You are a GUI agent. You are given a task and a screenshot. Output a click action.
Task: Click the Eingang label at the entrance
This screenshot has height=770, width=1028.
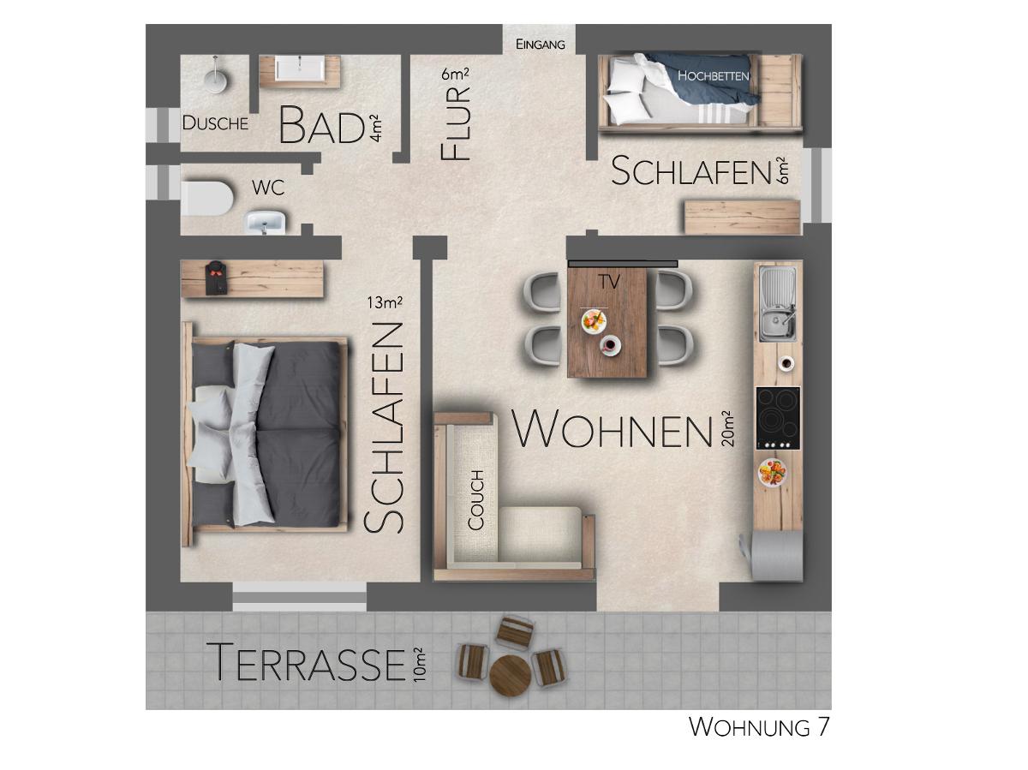540,45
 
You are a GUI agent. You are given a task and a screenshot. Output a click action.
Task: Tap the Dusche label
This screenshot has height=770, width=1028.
215,123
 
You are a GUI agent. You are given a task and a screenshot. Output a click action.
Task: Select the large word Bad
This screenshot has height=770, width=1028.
321,125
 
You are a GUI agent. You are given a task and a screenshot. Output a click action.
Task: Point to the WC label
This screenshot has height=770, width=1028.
268,188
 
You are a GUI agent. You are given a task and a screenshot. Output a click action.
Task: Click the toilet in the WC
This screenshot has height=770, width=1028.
206,199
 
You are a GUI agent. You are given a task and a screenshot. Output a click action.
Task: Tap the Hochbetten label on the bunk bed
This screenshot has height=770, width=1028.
713,76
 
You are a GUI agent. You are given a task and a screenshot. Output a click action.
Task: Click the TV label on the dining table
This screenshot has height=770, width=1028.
609,282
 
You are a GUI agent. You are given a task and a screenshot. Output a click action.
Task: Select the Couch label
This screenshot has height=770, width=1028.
475,500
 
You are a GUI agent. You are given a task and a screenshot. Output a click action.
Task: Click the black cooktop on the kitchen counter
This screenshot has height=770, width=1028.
778,418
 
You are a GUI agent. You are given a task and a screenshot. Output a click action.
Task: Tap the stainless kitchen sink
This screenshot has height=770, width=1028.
778,303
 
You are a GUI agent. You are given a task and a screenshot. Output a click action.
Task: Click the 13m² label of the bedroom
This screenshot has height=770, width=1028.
385,302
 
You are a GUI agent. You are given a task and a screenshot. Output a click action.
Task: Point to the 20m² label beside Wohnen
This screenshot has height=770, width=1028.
727,428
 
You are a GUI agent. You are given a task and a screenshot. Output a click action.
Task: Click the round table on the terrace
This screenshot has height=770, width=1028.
511,676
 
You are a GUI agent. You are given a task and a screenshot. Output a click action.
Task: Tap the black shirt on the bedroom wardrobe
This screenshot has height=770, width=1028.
216,278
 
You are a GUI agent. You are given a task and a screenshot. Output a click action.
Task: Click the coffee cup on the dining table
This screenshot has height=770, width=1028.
610,345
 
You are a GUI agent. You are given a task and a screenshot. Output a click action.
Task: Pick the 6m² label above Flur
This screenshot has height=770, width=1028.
455,74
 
